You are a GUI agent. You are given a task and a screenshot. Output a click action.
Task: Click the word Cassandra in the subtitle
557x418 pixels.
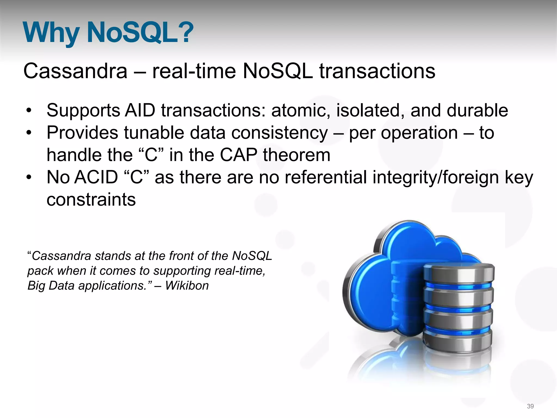point(75,71)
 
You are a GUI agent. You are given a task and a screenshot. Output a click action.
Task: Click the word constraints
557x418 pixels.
point(91,199)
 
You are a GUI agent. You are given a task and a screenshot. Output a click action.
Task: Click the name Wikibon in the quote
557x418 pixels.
point(187,286)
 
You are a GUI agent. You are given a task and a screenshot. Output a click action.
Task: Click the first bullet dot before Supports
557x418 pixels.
point(29,111)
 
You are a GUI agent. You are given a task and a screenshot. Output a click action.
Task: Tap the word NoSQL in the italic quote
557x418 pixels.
point(252,256)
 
